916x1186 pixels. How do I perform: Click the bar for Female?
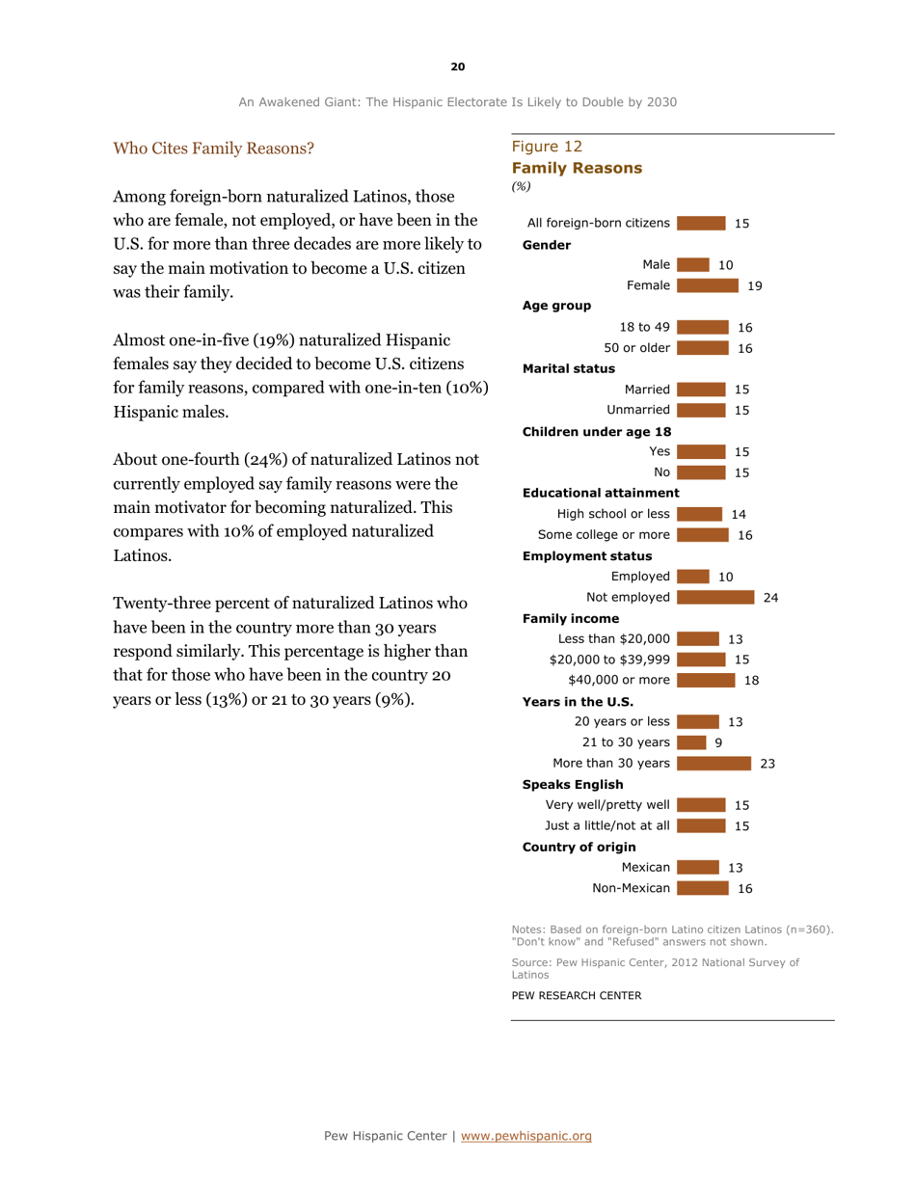(x=707, y=284)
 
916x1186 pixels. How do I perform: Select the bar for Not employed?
(x=715, y=598)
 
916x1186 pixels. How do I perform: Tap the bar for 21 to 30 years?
(x=690, y=741)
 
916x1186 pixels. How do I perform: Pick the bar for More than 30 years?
(x=714, y=763)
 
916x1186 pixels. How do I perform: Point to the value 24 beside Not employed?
(x=770, y=598)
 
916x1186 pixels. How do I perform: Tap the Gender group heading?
(x=546, y=244)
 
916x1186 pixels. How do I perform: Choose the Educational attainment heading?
(x=601, y=493)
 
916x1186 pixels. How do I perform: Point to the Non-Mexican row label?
(x=632, y=888)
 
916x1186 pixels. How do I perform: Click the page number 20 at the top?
(x=458, y=67)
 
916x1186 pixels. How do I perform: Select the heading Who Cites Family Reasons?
(x=213, y=148)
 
